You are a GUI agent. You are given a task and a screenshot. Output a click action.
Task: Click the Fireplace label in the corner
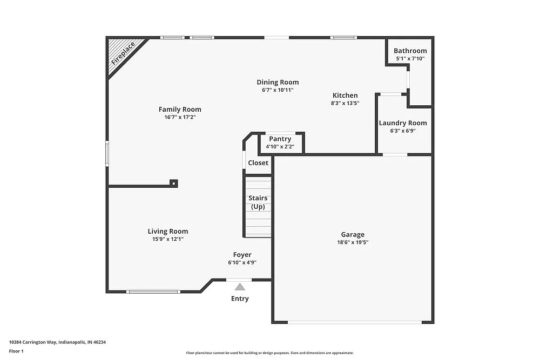[x=123, y=53]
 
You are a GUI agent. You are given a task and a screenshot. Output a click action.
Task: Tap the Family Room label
[x=180, y=109]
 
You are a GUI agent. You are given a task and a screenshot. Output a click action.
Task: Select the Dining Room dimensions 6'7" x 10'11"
[x=278, y=90]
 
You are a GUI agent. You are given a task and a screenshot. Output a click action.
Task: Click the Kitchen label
[x=345, y=96]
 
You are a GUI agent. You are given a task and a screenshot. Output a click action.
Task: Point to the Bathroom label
[x=410, y=51]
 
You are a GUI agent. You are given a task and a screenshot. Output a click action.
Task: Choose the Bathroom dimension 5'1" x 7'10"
[x=410, y=58]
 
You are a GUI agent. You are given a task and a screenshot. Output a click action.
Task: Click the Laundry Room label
[x=403, y=123]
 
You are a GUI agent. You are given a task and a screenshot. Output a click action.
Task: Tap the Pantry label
[x=280, y=139]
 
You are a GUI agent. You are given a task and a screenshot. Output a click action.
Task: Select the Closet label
[x=258, y=162]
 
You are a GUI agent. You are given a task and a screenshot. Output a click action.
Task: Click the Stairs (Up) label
[x=258, y=202]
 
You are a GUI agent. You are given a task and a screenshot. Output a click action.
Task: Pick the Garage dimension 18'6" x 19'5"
[x=353, y=242]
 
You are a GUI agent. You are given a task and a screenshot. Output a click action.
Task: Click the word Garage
[x=353, y=234]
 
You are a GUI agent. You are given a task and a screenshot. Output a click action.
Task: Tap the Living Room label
[x=168, y=231]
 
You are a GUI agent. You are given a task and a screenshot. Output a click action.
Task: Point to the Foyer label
[x=242, y=255]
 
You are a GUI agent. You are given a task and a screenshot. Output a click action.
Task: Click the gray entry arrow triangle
[x=240, y=287]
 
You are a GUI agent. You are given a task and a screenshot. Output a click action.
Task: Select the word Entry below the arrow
[x=240, y=298]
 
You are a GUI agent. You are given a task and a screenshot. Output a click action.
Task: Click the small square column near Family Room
[x=173, y=183]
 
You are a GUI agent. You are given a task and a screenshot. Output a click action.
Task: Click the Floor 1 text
[x=16, y=351]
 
